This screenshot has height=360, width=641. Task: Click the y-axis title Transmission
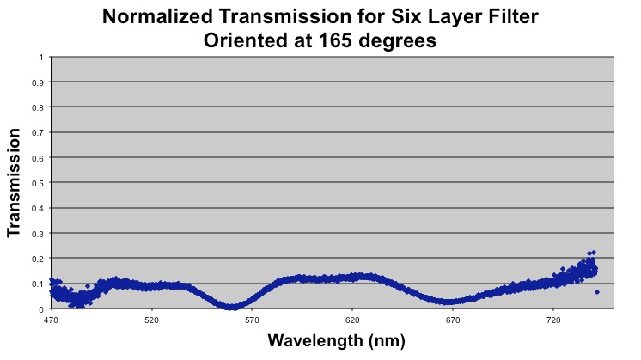pyautogui.click(x=14, y=183)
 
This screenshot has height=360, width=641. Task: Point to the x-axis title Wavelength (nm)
pyautogui.click(x=335, y=340)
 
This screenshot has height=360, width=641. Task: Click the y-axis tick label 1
pyautogui.click(x=40, y=58)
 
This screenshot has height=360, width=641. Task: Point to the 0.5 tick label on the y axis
pyautogui.click(x=37, y=183)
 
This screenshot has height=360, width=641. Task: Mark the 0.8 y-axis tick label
pyautogui.click(x=37, y=108)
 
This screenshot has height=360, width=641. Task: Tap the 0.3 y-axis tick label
pyautogui.click(x=37, y=234)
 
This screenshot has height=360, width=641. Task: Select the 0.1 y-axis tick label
pyautogui.click(x=37, y=284)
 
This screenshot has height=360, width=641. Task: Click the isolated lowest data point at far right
pyautogui.click(x=597, y=292)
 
